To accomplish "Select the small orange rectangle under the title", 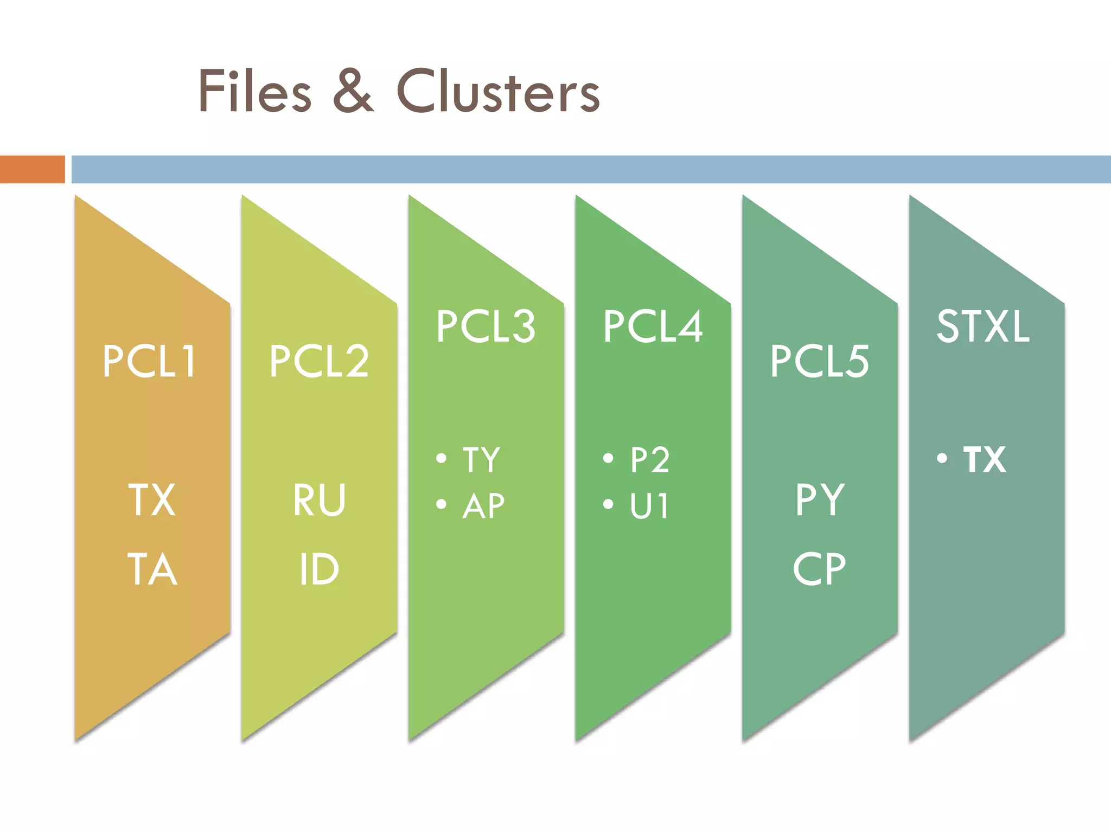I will [x=32, y=169].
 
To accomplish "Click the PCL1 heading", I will [x=150, y=361].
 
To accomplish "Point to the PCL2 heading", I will [x=319, y=361].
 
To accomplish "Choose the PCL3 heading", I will [x=486, y=326].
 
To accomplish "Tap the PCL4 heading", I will [x=653, y=326].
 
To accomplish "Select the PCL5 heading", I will [x=819, y=361].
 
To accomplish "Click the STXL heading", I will [x=983, y=326].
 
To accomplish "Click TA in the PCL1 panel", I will [x=152, y=569].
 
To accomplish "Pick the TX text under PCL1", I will [x=152, y=500].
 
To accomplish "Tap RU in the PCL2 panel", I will [x=319, y=500].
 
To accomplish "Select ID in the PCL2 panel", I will [x=319, y=569].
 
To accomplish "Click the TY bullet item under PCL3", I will [x=481, y=460].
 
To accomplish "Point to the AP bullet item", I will [x=483, y=506].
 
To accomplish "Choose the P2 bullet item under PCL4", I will [x=650, y=460].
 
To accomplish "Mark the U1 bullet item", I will [x=649, y=506].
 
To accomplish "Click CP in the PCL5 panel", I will [x=819, y=569].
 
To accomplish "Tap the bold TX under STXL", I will [x=985, y=460].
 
